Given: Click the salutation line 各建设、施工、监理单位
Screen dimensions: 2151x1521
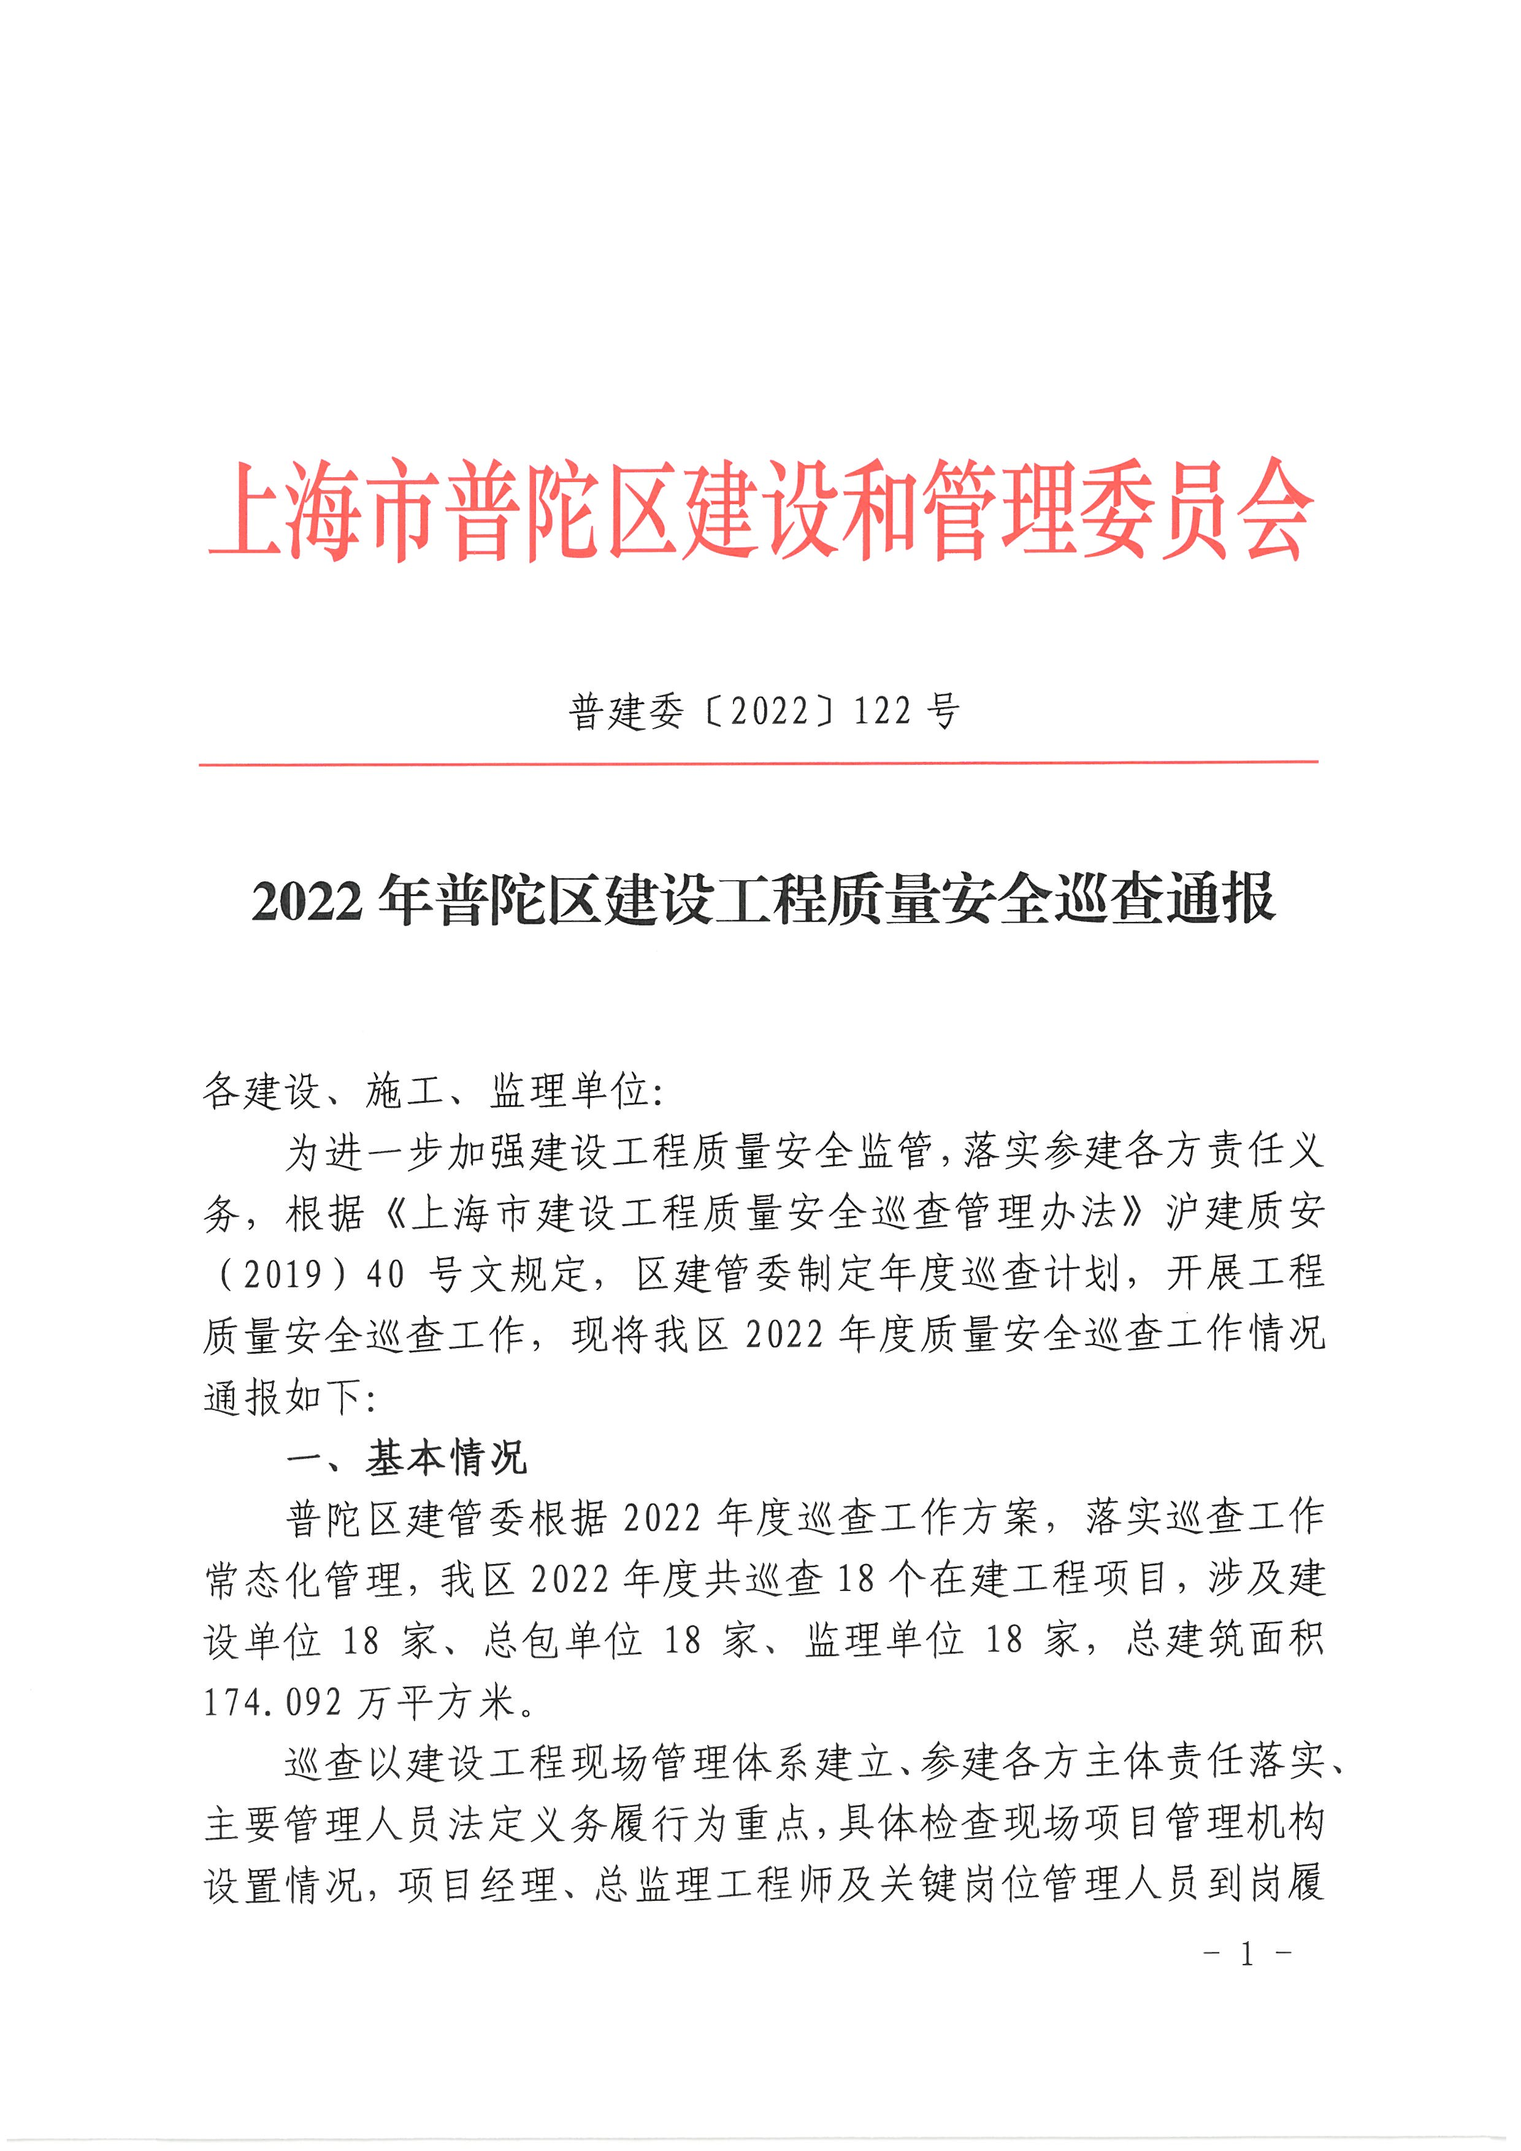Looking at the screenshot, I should coord(433,1091).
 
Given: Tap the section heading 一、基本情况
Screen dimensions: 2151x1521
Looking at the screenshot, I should coord(407,1459).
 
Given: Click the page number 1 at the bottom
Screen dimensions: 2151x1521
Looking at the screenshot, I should coord(1247,1954).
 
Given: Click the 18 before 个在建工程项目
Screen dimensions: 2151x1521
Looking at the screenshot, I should coord(855,1581).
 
